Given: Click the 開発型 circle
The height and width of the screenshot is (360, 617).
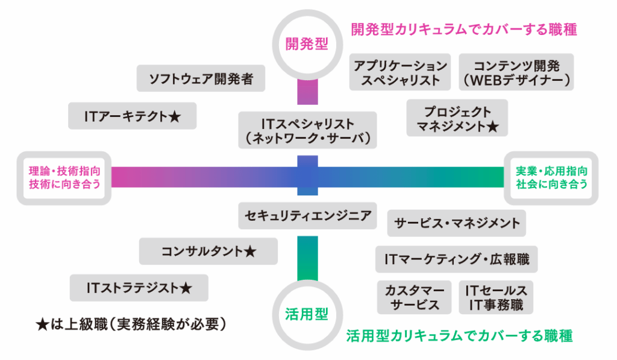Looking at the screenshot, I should tap(307, 44).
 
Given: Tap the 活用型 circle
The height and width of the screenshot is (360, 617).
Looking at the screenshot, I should tap(307, 314).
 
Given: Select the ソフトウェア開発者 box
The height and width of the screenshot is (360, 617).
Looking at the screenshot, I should tap(200, 78).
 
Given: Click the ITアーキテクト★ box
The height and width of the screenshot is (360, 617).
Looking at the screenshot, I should tap(133, 116).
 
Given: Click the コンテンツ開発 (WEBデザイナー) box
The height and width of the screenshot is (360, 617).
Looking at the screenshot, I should tap(516, 72).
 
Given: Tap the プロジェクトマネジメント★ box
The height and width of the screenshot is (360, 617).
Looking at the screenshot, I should tap(457, 119).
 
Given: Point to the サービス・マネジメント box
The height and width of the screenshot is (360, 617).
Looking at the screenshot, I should tap(457, 223).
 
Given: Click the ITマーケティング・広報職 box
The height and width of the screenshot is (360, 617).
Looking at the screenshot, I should tap(457, 259).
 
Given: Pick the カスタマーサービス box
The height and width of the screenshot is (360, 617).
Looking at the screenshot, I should tap(415, 297).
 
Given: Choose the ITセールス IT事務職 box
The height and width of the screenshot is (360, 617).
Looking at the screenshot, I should tap(496, 297).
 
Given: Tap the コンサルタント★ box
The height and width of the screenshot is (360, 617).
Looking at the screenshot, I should tap(208, 251).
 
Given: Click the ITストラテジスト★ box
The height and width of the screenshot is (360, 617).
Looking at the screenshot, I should tap(139, 288).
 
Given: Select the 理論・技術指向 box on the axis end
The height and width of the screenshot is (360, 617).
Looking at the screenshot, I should tap(64, 178).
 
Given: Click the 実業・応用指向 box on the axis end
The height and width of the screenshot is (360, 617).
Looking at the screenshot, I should tap(551, 178).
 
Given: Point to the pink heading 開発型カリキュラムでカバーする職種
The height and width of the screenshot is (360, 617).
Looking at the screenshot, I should tap(464, 30).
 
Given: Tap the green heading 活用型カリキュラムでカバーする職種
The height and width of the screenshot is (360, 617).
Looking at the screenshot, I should tap(459, 336).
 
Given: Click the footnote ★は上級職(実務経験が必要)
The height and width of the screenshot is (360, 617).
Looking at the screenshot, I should tap(131, 324).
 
